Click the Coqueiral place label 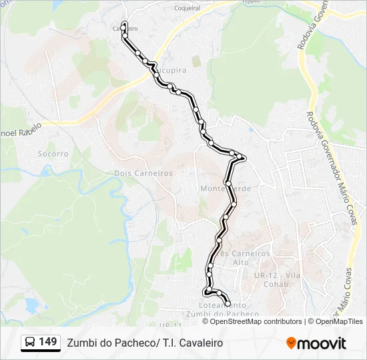point(187,9)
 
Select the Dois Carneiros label point(143,173)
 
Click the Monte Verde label point(226,189)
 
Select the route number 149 point(47,342)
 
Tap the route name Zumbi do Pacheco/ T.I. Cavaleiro point(145,343)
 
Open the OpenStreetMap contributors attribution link point(256,321)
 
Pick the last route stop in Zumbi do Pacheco point(228,305)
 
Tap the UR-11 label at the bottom point(170,325)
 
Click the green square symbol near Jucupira point(196,61)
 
